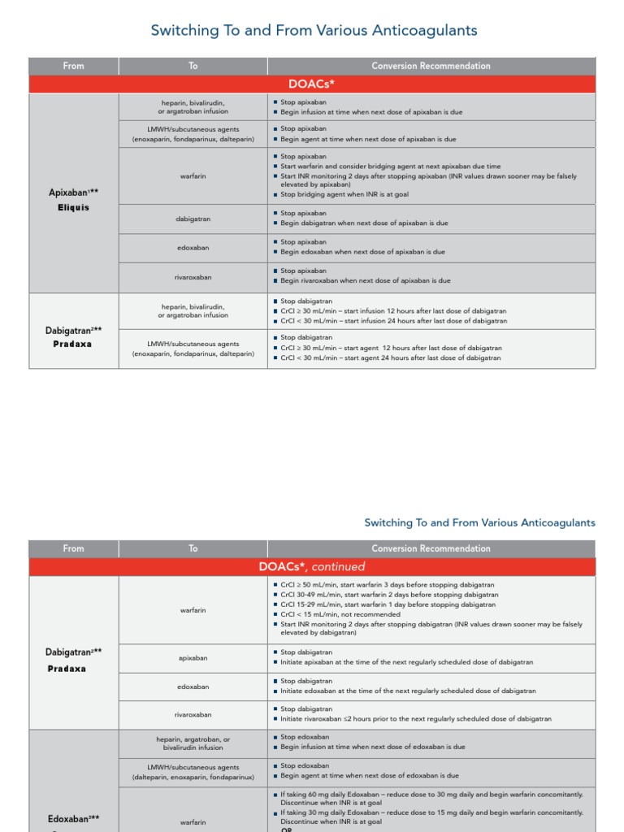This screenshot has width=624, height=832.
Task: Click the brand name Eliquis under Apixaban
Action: [73, 208]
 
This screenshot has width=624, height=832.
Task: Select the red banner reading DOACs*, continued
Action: [312, 566]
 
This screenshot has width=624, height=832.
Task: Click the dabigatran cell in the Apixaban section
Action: [193, 219]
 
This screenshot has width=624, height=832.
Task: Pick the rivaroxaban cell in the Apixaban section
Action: [193, 277]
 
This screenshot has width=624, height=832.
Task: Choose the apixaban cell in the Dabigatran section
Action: [193, 658]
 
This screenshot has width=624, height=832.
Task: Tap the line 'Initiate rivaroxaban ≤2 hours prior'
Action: [415, 719]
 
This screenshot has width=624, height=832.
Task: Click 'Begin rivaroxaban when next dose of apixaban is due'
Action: [365, 281]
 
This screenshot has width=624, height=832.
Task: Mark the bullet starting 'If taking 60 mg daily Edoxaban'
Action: [431, 793]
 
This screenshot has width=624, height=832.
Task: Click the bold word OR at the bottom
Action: [287, 829]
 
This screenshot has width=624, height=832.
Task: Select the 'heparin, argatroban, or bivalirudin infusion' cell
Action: [193, 743]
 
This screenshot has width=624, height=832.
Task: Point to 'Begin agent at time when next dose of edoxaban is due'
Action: [369, 776]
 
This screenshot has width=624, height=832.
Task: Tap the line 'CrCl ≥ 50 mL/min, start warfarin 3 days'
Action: [387, 585]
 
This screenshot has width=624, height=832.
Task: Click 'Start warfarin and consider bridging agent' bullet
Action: [390, 166]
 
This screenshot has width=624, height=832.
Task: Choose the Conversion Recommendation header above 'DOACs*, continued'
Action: [431, 548]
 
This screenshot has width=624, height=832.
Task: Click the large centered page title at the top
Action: [314, 31]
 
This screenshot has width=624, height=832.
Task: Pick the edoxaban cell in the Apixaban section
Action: [193, 248]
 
